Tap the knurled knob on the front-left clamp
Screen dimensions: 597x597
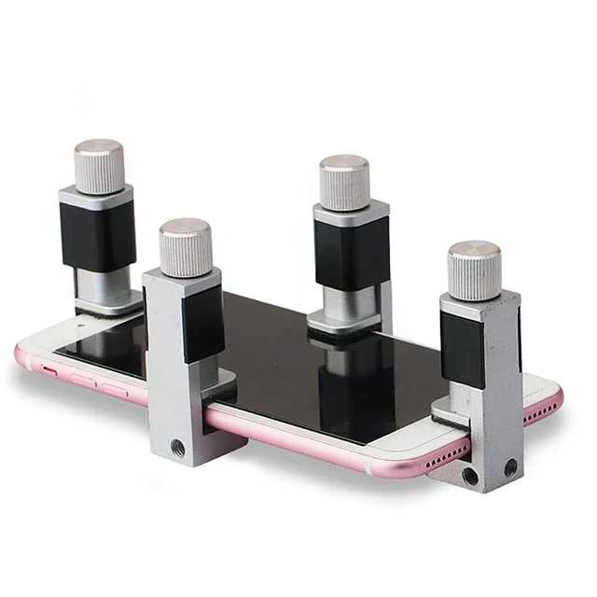pyautogui.click(x=185, y=247)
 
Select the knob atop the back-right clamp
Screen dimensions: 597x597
pyautogui.click(x=344, y=182)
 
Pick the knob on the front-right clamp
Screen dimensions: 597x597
pyautogui.click(x=474, y=271)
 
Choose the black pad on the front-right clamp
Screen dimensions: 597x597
pyautogui.click(x=463, y=350)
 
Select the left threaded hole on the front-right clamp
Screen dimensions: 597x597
pyautogui.click(x=471, y=475)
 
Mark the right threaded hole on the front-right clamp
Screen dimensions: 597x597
pyautogui.click(x=510, y=466)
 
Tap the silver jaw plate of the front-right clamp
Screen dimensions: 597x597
pyautogui.click(x=451, y=410)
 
